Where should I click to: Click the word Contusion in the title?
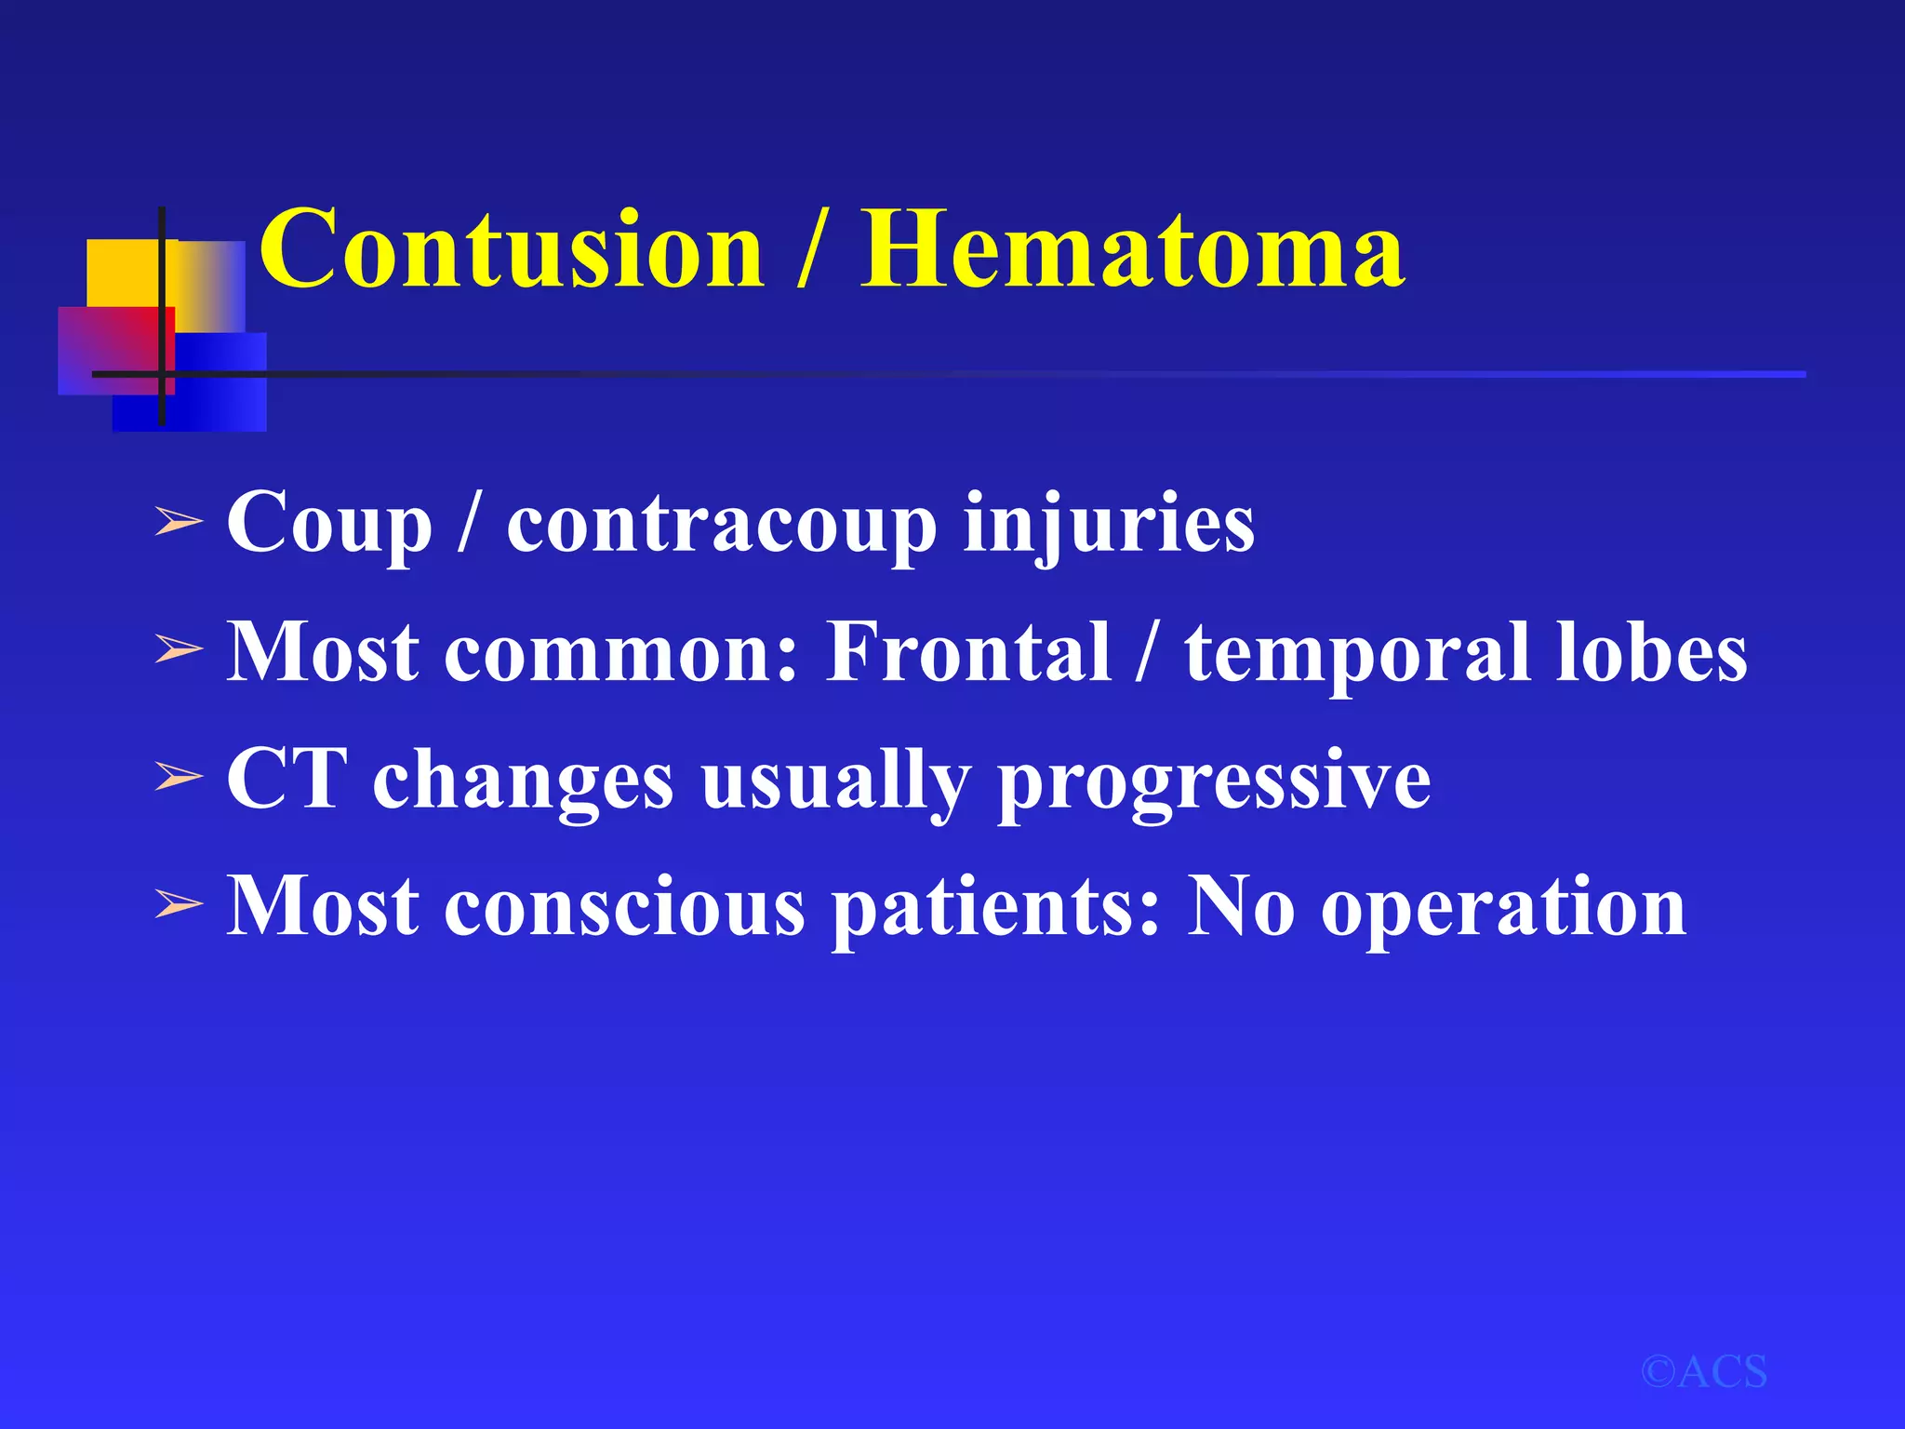pyautogui.click(x=511, y=249)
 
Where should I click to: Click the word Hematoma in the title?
pyautogui.click(x=1131, y=249)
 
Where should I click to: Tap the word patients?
pyautogui.click(x=996, y=907)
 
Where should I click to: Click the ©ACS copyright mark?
pyautogui.click(x=1703, y=1372)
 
